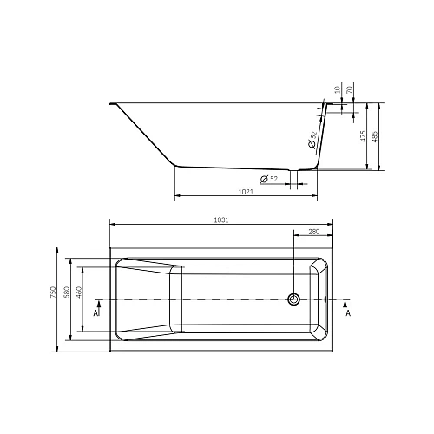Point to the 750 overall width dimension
pyautogui.click(x=54, y=295)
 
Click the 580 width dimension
pyautogui.click(x=67, y=295)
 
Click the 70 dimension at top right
pyautogui.click(x=351, y=89)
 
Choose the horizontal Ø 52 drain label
pyautogui.click(x=271, y=178)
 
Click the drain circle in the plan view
pyautogui.click(x=294, y=299)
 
